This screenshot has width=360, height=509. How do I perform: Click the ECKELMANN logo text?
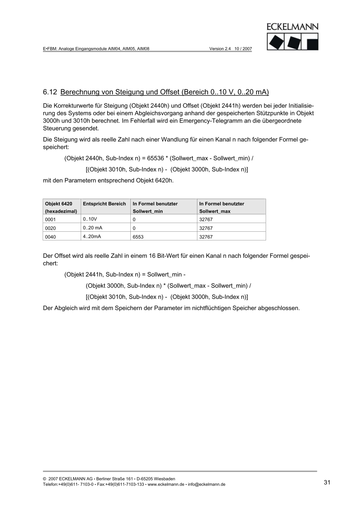coord(293,27)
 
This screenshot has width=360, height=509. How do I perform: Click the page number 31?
coord(327,482)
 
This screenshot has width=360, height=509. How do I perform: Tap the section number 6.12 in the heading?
coord(50,91)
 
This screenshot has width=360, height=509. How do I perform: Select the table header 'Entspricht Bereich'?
coord(104,204)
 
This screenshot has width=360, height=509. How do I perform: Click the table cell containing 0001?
coord(50,219)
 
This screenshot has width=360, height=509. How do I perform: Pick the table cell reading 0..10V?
coord(90,219)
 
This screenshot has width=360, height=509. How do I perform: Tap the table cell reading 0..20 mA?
coord(93,228)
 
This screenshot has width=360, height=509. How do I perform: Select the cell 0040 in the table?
coord(50,237)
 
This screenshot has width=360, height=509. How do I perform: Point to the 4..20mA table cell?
coord(92,236)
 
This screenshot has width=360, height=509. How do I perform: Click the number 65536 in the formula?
coord(156,158)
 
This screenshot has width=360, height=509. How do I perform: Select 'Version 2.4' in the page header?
coord(220,48)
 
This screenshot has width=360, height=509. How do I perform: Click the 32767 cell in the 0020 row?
coord(206,228)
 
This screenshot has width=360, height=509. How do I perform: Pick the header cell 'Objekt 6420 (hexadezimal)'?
coord(61,207)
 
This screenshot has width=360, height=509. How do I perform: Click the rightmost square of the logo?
coord(312,42)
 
